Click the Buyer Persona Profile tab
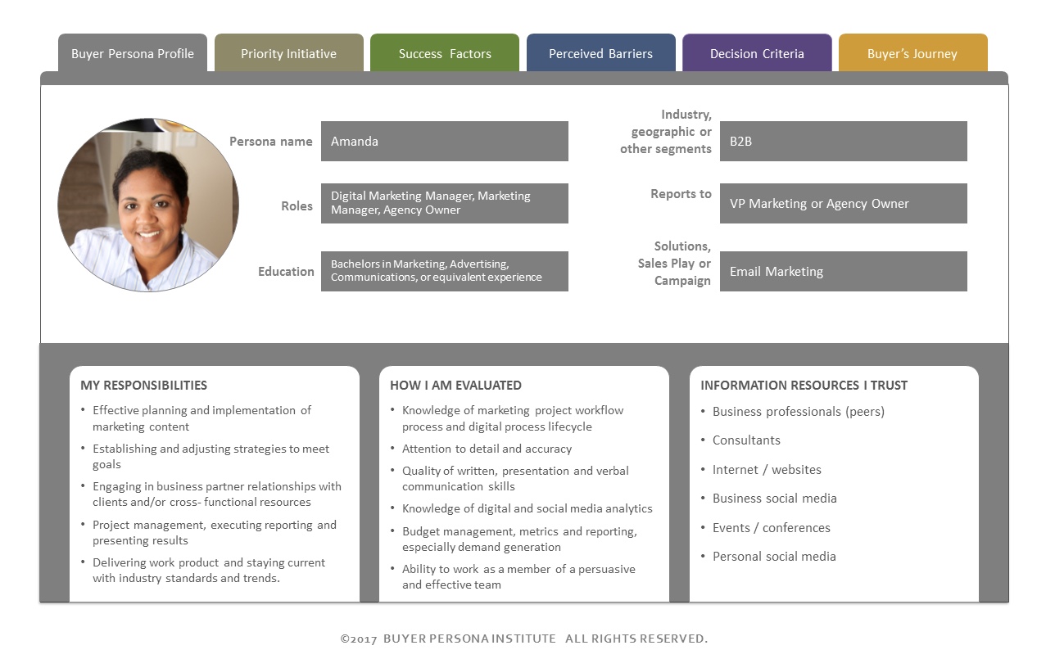133,52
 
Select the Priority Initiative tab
288,52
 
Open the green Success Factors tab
445,52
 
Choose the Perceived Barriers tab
601,52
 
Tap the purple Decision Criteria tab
757,52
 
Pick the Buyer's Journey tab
912,52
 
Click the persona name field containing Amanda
445,142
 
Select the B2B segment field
843,142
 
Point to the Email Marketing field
843,271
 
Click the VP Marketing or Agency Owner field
843,203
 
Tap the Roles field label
297,206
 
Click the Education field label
286,272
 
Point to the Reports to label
681,194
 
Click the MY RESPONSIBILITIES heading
143,385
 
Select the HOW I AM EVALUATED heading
455,385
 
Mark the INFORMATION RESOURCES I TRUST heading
804,385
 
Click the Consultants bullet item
746,440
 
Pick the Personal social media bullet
774,557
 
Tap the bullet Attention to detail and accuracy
487,449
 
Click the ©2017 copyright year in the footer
359,639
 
